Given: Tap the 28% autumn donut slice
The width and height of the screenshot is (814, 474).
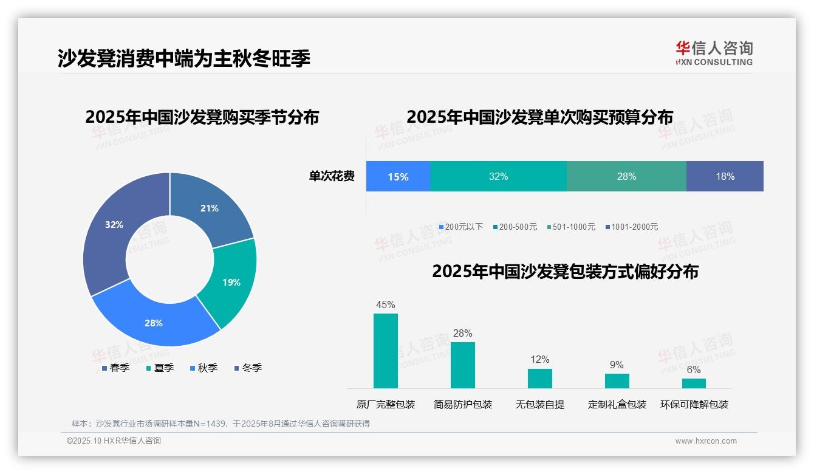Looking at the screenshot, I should pyautogui.click(x=152, y=321).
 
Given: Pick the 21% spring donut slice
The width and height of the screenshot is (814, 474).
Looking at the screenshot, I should pyautogui.click(x=210, y=207).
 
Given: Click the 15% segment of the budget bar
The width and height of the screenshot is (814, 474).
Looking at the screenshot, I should pyautogui.click(x=398, y=177).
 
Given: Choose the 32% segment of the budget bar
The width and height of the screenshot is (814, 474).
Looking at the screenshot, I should pyautogui.click(x=498, y=177).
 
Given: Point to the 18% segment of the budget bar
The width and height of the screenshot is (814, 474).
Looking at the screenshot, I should pyautogui.click(x=725, y=177).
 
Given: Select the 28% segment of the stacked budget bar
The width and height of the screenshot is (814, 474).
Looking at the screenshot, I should pyautogui.click(x=626, y=177).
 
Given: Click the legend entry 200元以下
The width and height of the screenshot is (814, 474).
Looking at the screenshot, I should pyautogui.click(x=461, y=227).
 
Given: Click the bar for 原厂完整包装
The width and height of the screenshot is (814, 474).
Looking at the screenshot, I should pyautogui.click(x=386, y=351).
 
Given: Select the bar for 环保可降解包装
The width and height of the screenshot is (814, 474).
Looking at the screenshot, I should pyautogui.click(x=694, y=383).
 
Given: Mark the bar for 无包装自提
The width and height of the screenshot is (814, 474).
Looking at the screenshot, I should pyautogui.click(x=539, y=378).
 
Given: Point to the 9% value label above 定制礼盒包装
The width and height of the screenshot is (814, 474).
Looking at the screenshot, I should pyautogui.click(x=617, y=365).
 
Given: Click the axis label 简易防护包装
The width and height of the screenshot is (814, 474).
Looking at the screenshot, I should pyautogui.click(x=463, y=404).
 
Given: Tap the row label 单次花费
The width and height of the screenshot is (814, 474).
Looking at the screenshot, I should pyautogui.click(x=332, y=177).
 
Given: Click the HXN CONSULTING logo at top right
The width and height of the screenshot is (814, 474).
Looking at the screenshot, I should pyautogui.click(x=714, y=53).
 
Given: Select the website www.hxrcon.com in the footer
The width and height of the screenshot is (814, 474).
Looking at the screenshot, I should pyautogui.click(x=706, y=441).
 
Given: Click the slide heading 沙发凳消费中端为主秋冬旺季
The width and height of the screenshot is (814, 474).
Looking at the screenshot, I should pyautogui.click(x=184, y=58).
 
